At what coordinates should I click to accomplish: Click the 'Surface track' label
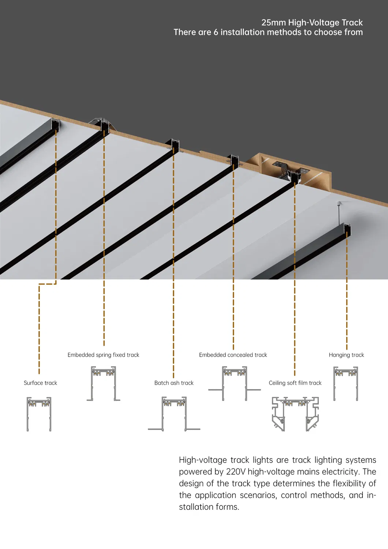pyautogui.click(x=40, y=383)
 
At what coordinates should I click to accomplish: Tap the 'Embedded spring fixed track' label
pyautogui.click(x=103, y=355)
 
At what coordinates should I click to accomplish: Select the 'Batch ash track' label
pyautogui.click(x=174, y=383)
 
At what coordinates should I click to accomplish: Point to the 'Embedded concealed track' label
pyautogui.click(x=233, y=355)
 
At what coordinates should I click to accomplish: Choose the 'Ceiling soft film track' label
pyautogui.click(x=295, y=383)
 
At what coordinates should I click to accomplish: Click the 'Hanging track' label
pyautogui.click(x=346, y=355)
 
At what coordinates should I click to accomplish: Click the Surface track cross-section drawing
pyautogui.click(x=39, y=414)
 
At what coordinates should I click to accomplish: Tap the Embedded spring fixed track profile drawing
pyautogui.click(x=103, y=384)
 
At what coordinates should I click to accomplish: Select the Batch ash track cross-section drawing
pyautogui.click(x=174, y=414)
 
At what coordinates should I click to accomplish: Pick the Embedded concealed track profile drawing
pyautogui.click(x=234, y=384)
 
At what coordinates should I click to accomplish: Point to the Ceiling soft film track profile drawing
pyautogui.click(x=295, y=414)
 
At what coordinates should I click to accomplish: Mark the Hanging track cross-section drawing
pyautogui.click(x=346, y=384)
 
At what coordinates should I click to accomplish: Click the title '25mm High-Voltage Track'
pyautogui.click(x=312, y=23)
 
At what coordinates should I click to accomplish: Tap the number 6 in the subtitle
pyautogui.click(x=216, y=32)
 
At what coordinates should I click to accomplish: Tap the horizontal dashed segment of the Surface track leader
pyautogui.click(x=48, y=284)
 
